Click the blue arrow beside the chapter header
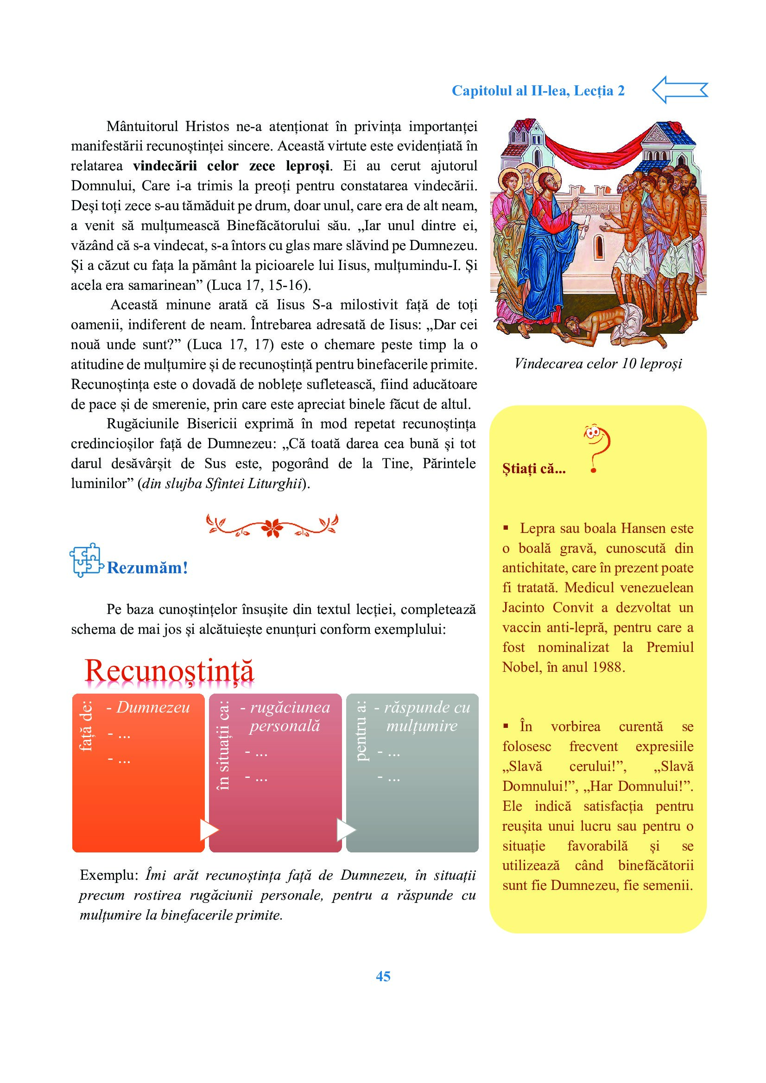click(x=680, y=90)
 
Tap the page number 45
click(x=383, y=976)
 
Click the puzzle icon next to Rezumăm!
click(x=85, y=560)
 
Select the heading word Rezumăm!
click(x=147, y=568)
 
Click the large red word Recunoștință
click(x=169, y=670)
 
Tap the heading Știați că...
click(x=533, y=469)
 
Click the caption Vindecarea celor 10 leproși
click(x=598, y=363)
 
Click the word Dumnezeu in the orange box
click(x=153, y=707)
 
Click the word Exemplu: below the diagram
click(x=108, y=876)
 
